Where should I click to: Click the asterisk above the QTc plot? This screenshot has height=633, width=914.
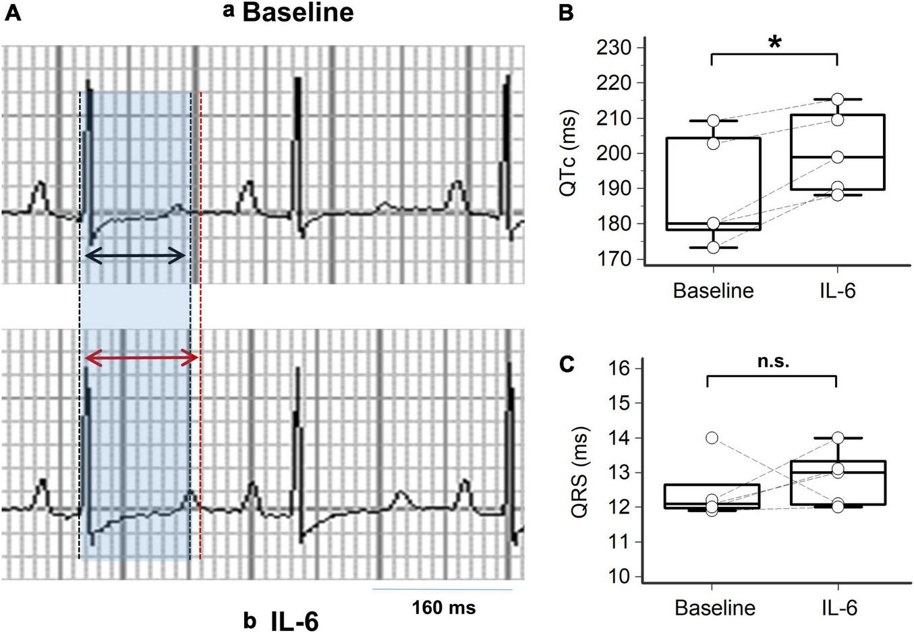[775, 43]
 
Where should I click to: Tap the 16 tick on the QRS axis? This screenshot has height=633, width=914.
[619, 368]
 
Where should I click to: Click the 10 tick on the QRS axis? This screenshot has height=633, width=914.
[619, 577]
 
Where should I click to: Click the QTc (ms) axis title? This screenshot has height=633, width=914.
[568, 153]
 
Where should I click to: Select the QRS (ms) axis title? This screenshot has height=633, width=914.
[578, 472]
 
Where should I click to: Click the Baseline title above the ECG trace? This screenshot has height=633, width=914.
[297, 13]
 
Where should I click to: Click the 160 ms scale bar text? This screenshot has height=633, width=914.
[443, 607]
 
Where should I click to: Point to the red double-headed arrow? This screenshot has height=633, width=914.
[141, 358]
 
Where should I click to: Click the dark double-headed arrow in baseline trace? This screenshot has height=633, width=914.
[136, 255]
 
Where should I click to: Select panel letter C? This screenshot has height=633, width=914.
[567, 364]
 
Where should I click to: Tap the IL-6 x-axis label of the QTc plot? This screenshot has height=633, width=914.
[836, 290]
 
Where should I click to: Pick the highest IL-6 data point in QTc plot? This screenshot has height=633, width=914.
[837, 99]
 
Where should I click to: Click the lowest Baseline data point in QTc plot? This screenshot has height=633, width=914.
[713, 248]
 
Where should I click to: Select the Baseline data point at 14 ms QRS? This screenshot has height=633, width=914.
[712, 437]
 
